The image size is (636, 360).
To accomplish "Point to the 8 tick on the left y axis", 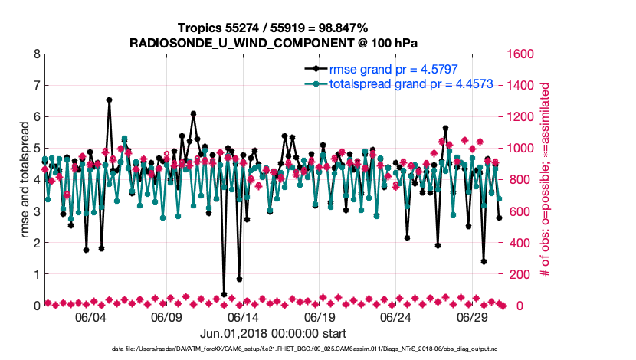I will tap(36, 54).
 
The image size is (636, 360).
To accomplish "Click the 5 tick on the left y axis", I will tap(36, 149).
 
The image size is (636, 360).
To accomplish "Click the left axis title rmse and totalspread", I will tap(23, 180).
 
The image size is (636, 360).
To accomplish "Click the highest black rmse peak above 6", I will tap(110, 100).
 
